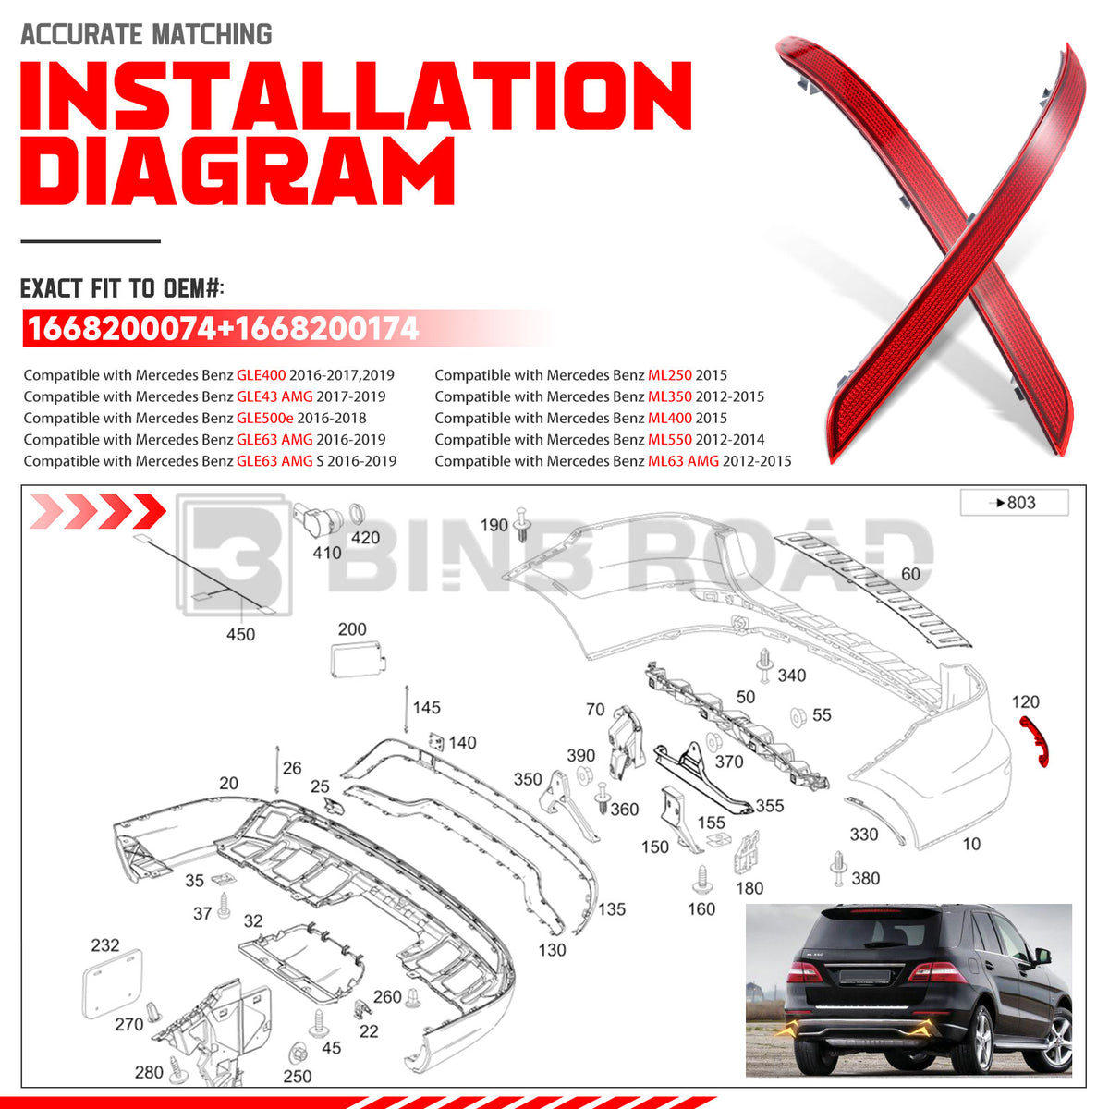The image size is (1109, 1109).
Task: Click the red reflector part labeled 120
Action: [x=1034, y=741]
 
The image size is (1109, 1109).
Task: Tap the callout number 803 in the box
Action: [x=1021, y=503]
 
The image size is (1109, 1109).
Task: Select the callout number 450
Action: [x=240, y=634]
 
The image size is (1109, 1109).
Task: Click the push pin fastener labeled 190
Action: [x=521, y=524]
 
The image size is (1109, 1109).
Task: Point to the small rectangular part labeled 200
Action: [x=357, y=660]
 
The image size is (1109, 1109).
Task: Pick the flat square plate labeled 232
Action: [x=112, y=983]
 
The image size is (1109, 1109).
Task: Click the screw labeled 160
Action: [x=701, y=881]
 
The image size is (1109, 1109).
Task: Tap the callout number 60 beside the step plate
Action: [x=910, y=574]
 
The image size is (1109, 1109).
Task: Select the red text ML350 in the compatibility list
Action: [x=669, y=396]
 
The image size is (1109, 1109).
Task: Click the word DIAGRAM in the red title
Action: [x=238, y=171]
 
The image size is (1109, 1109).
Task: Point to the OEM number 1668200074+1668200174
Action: [x=223, y=329]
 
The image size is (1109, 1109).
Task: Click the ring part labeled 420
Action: [x=357, y=513]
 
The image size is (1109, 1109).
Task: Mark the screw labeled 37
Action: [x=224, y=906]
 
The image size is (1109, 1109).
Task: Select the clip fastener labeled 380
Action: [x=838, y=869]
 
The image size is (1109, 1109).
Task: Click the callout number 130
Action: [x=552, y=950]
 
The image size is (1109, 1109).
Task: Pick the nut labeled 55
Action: [x=798, y=717]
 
